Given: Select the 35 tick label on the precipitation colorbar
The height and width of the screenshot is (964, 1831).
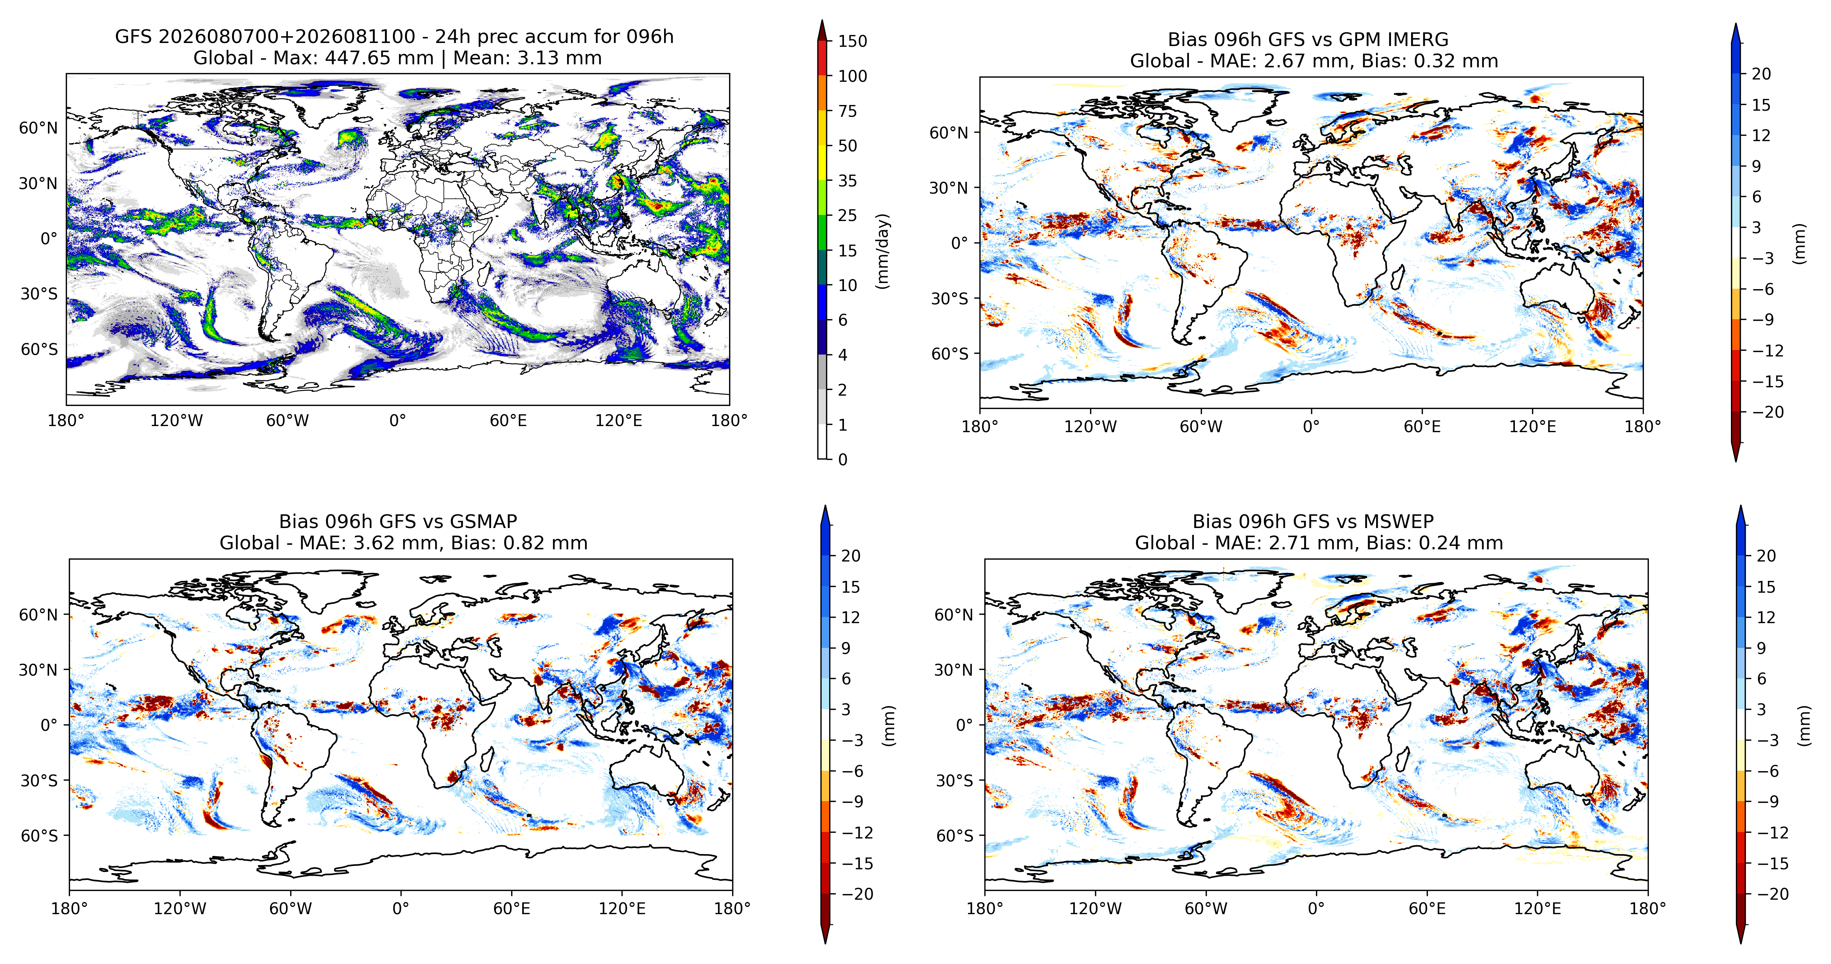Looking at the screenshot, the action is tap(847, 181).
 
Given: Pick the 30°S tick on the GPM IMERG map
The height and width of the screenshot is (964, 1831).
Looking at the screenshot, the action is tap(950, 299).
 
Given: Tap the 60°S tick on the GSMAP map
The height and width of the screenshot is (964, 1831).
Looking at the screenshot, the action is tap(39, 835).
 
